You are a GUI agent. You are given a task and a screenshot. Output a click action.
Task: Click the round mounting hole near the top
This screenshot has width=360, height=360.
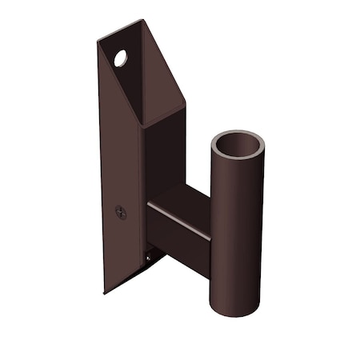point(120,58)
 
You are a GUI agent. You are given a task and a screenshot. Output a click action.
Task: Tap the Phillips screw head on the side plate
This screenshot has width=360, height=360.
point(121,212)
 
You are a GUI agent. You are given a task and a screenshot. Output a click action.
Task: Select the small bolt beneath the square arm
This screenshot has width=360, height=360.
point(150,257)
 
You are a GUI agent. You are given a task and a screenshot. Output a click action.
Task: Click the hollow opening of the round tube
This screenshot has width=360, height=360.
point(238,147)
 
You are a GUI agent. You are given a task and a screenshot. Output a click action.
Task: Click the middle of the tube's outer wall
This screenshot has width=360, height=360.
point(237,232)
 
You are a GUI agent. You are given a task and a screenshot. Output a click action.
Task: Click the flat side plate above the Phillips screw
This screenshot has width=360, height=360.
point(120,160)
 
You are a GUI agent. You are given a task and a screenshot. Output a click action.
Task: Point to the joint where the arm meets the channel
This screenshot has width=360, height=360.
point(148,224)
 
